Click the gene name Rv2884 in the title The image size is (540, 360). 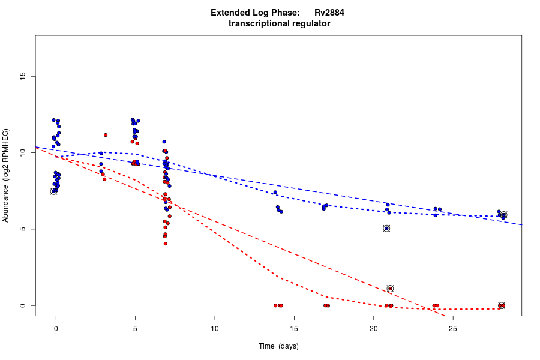click(329, 12)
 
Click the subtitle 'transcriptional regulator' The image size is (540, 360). click(279, 23)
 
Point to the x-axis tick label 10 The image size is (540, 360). click(215, 328)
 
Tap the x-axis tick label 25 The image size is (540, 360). click(453, 328)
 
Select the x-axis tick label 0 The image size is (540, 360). click(56, 328)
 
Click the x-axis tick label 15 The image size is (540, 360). click(294, 328)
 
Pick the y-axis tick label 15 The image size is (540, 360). click(23, 76)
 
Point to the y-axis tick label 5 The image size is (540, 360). click(23, 229)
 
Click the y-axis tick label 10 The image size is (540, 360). click(23, 153)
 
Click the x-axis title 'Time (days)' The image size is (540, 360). click(278, 346)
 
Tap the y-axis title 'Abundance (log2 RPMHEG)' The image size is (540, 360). click(6, 175)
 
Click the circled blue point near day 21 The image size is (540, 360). click(386, 228)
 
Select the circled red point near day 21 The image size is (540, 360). click(390, 289)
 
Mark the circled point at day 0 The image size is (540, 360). click(53, 191)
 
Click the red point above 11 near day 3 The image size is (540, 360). click(105, 135)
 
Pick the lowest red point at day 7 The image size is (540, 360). click(165, 244)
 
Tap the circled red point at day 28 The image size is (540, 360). click(502, 305)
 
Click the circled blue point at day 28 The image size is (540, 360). click(504, 215)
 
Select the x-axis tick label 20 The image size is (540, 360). click(373, 328)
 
